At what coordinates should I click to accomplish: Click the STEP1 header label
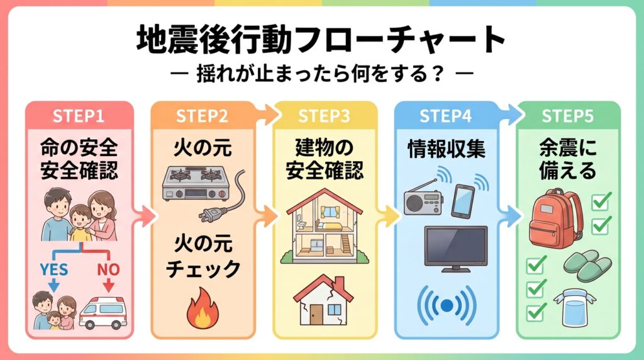pos(79,116)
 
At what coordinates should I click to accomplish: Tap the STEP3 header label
pos(325,116)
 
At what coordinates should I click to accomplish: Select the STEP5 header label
pos(568,116)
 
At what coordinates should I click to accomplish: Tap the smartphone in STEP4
pos(463,200)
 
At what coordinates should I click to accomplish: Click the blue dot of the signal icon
pos(447,306)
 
